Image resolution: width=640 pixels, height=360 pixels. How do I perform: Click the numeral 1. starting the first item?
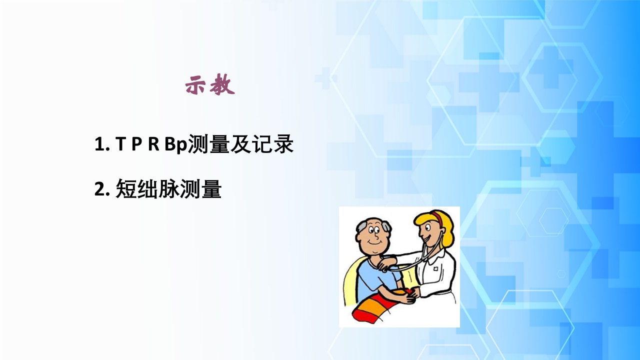[x=101, y=145]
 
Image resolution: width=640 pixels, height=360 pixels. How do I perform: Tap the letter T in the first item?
[x=120, y=145]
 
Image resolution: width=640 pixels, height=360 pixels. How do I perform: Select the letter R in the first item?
[x=153, y=145]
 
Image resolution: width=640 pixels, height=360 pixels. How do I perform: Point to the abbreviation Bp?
[x=175, y=145]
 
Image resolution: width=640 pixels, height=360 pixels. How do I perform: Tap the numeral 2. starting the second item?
[x=102, y=190]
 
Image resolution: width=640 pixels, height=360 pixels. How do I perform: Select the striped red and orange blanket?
[x=377, y=306]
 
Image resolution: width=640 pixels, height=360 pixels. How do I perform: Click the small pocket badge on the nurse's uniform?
[x=436, y=268]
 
